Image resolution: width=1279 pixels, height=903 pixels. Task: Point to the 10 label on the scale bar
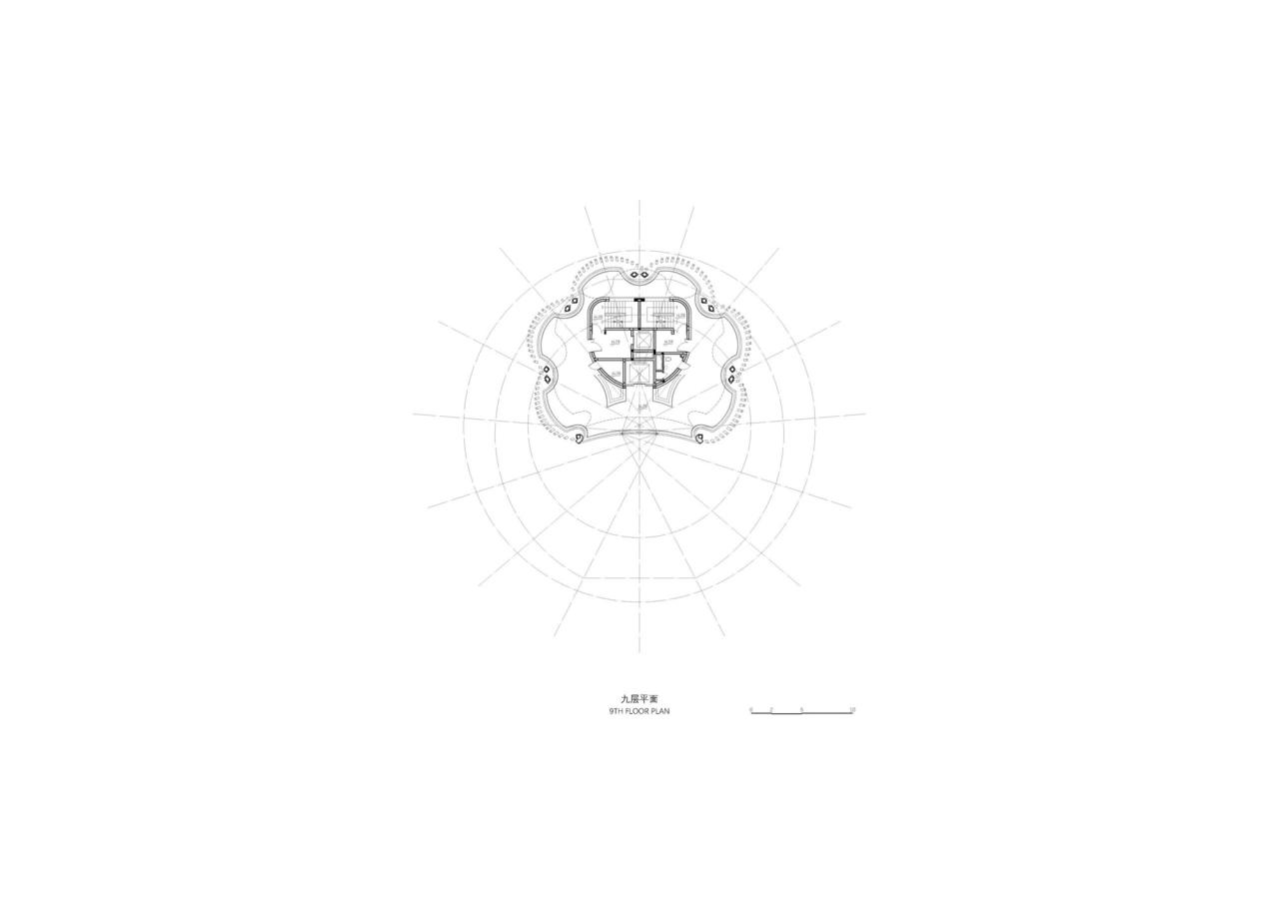851,709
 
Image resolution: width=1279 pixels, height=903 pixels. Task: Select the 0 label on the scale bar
751,709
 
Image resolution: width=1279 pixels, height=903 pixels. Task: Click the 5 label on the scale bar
801,709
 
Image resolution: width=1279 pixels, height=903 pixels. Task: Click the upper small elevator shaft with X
643,342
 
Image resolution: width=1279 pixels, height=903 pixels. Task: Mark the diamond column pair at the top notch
639,265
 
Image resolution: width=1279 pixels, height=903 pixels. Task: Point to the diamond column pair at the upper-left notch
569,309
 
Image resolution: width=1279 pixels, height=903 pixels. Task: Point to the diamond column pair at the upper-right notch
709,309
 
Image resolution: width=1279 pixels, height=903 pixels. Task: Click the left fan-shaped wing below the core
612,389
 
